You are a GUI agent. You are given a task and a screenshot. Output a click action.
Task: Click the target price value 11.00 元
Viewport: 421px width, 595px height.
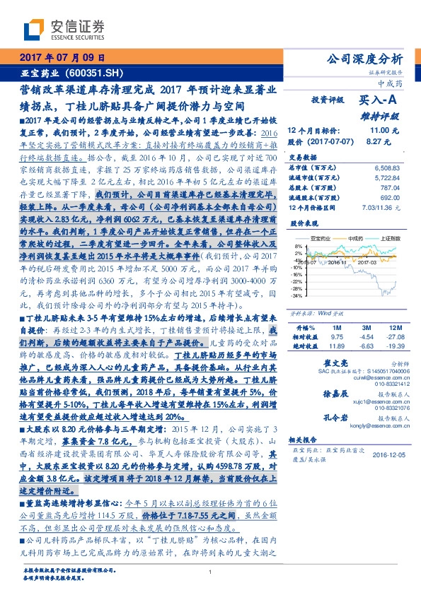375,131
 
